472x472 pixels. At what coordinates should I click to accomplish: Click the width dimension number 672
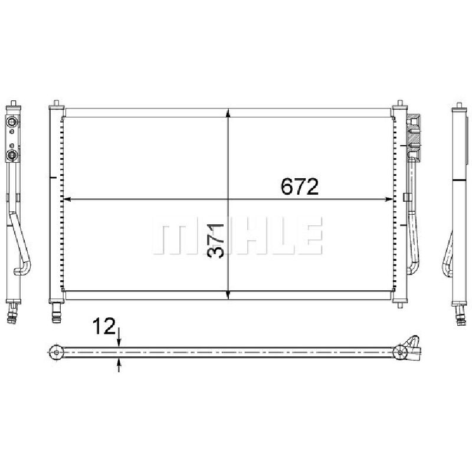pos(299,186)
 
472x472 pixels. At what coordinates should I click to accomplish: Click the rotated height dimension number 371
pos(216,241)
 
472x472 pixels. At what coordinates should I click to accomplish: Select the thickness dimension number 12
pos(104,326)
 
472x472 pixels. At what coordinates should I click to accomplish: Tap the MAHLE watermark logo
pos(237,235)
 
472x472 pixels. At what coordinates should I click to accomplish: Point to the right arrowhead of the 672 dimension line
pos(389,199)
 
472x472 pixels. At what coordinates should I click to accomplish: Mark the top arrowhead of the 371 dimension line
pos(228,113)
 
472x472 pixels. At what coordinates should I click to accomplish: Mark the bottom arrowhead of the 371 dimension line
pos(228,296)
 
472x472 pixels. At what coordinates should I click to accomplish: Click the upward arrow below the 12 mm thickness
pos(119,365)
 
